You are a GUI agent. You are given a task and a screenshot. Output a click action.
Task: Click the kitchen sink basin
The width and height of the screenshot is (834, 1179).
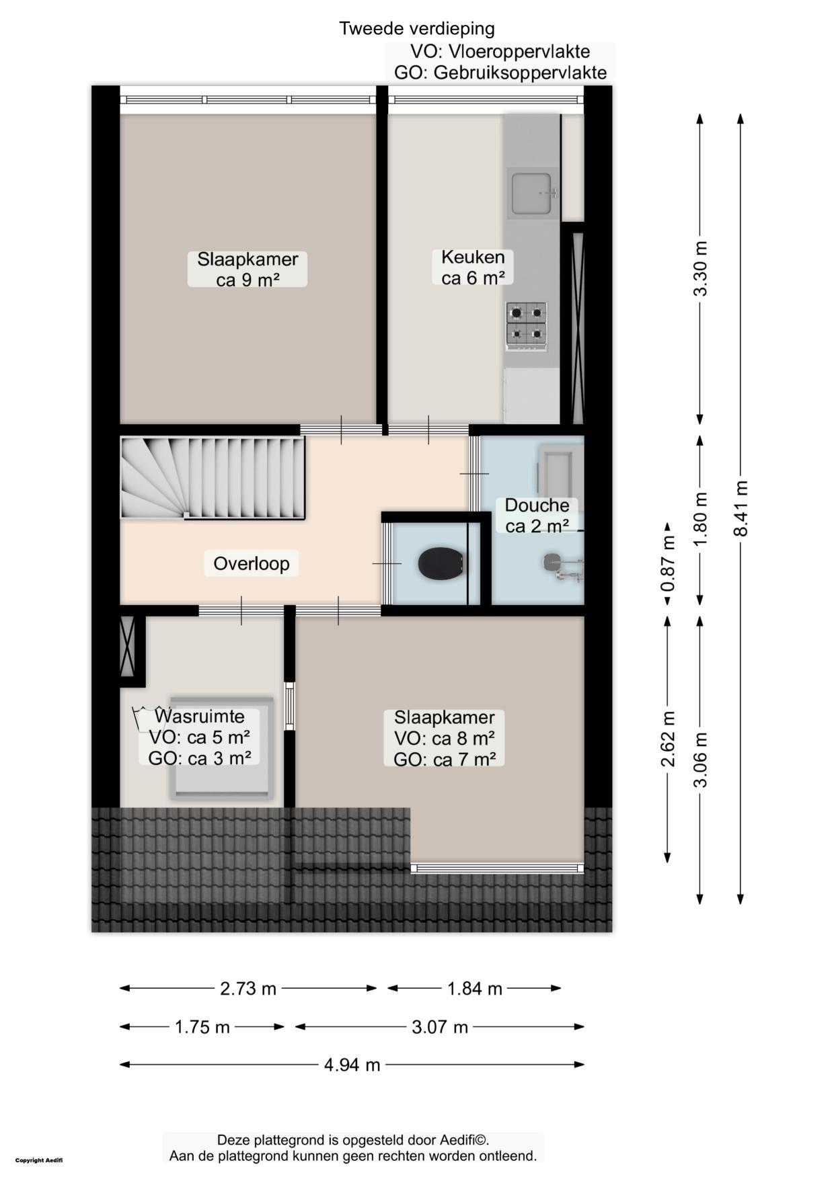click(532, 193)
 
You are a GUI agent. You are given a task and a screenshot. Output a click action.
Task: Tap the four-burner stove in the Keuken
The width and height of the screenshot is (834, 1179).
click(526, 326)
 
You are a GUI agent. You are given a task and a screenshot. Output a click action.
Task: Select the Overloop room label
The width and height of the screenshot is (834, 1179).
click(252, 563)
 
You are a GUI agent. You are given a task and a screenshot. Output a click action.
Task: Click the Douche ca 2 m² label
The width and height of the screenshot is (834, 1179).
click(537, 516)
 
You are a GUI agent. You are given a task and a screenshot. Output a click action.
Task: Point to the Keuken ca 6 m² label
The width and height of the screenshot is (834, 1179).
click(473, 267)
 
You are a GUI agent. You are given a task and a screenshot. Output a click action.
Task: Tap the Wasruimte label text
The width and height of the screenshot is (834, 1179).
click(200, 717)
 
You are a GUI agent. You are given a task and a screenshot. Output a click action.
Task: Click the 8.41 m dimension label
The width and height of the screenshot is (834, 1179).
click(741, 508)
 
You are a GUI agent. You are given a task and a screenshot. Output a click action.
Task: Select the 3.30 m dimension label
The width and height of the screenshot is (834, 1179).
click(701, 268)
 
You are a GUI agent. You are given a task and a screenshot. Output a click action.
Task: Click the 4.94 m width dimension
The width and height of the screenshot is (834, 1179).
click(352, 1065)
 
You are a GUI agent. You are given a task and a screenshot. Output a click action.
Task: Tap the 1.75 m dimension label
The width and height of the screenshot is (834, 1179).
click(202, 1027)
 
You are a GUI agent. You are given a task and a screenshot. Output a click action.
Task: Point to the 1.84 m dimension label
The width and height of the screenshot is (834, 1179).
click(475, 989)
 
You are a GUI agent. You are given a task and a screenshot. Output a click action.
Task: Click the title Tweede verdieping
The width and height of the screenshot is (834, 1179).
click(417, 28)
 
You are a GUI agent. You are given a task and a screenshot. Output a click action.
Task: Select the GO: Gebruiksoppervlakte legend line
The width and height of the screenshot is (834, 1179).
click(500, 73)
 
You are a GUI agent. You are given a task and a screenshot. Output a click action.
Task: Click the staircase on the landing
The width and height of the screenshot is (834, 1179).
click(213, 477)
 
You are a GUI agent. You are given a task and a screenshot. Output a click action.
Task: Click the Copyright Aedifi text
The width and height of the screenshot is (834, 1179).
click(39, 1160)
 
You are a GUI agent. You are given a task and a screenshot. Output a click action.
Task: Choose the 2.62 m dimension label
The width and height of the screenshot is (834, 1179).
click(667, 739)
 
